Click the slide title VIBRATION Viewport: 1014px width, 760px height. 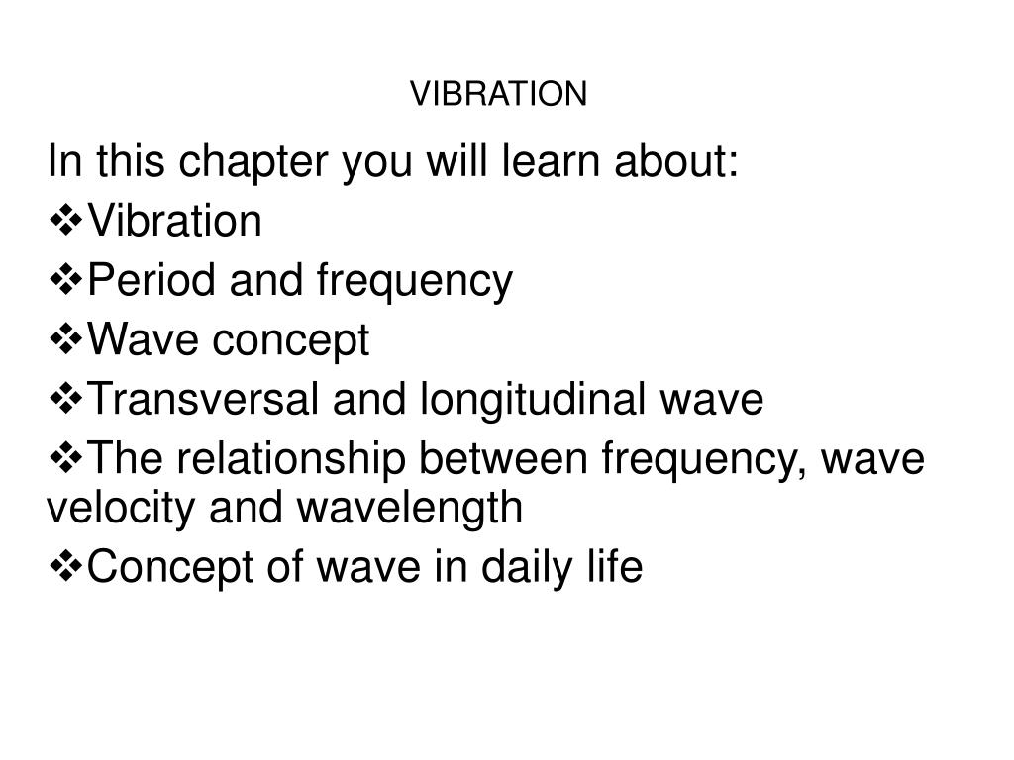[499, 93]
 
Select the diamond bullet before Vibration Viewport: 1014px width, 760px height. [65, 222]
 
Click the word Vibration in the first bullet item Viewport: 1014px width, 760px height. [175, 222]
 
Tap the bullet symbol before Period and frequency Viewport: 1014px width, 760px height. [65, 281]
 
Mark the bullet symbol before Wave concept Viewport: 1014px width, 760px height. [65, 340]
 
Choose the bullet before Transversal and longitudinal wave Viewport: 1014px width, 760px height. [65, 400]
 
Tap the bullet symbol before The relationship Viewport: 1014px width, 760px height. [65, 459]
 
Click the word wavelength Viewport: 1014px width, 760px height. [409, 509]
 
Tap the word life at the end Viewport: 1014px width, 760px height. [621, 568]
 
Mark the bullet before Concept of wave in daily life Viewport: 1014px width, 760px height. [65, 568]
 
